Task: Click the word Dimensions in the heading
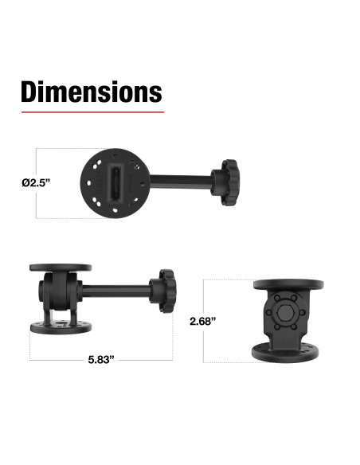(x=91, y=92)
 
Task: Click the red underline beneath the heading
(x=91, y=112)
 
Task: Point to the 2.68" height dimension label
(x=203, y=322)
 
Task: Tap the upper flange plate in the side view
(x=61, y=268)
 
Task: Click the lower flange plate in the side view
(x=61, y=327)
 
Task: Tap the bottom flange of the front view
(x=288, y=351)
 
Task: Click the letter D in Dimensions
(x=30, y=92)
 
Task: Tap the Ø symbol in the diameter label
(x=25, y=182)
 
